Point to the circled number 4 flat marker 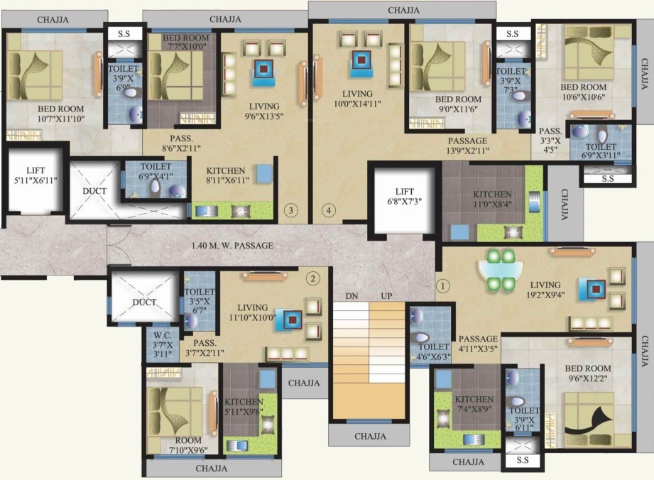(327, 209)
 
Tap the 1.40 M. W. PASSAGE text (232, 246)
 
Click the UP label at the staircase (387, 295)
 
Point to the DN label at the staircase (351, 295)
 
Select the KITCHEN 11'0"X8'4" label (492, 199)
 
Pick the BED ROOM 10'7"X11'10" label (47, 114)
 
